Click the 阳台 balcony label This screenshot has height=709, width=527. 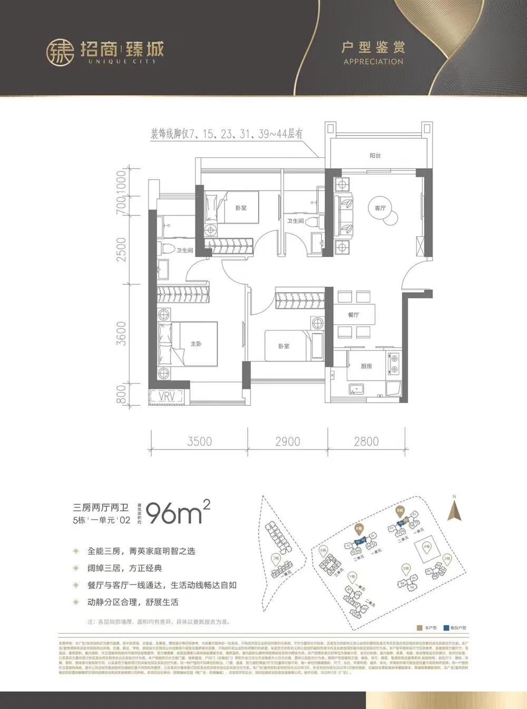click(375, 156)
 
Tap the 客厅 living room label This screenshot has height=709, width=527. click(380, 208)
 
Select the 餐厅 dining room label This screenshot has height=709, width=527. click(353, 315)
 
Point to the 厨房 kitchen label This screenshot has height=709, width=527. click(366, 366)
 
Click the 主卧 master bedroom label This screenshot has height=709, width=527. click(196, 344)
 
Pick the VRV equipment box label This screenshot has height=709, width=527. click(167, 396)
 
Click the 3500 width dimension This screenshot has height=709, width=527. click(199, 441)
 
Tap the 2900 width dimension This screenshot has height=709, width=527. click(288, 441)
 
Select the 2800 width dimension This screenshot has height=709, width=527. click(366, 441)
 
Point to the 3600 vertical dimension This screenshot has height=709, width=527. click(122, 333)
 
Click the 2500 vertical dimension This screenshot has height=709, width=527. click(122, 249)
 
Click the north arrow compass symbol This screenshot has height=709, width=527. click(454, 510)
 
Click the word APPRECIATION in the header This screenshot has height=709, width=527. click(373, 62)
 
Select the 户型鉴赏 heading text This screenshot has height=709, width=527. click(373, 47)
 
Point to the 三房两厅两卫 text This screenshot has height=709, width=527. click(101, 508)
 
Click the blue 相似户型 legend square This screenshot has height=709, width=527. click(446, 628)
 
